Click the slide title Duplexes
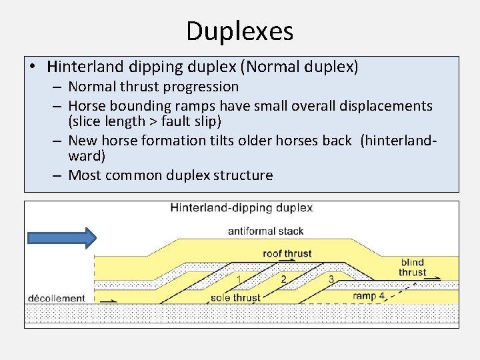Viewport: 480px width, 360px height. point(239,31)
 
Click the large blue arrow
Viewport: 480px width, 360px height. point(62,238)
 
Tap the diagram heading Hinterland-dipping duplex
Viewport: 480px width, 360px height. point(241,207)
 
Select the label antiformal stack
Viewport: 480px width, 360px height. point(265,231)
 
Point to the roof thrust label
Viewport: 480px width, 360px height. point(287,253)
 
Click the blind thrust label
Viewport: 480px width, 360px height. point(413,267)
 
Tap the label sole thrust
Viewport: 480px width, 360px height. point(235,297)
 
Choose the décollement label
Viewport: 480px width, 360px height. point(57,298)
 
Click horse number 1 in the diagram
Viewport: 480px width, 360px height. point(239,278)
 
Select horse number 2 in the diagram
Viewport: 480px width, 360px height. point(283,279)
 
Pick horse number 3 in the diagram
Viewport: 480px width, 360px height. point(331,279)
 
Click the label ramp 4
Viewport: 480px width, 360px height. point(369,296)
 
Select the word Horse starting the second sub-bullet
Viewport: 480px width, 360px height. point(87,106)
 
